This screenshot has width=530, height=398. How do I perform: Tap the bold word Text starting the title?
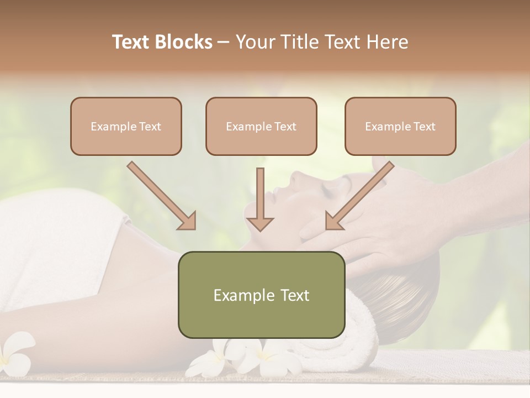[132, 42]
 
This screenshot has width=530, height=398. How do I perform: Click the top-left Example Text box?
[126, 126]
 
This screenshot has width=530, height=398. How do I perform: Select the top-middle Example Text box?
[261, 126]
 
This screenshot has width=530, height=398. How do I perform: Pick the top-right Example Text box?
[400, 126]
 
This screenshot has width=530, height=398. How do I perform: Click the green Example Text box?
[261, 295]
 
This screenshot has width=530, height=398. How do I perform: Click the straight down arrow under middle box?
[260, 199]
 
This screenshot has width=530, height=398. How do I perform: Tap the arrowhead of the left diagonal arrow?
[188, 221]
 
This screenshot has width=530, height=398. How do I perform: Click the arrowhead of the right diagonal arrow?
[333, 221]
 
